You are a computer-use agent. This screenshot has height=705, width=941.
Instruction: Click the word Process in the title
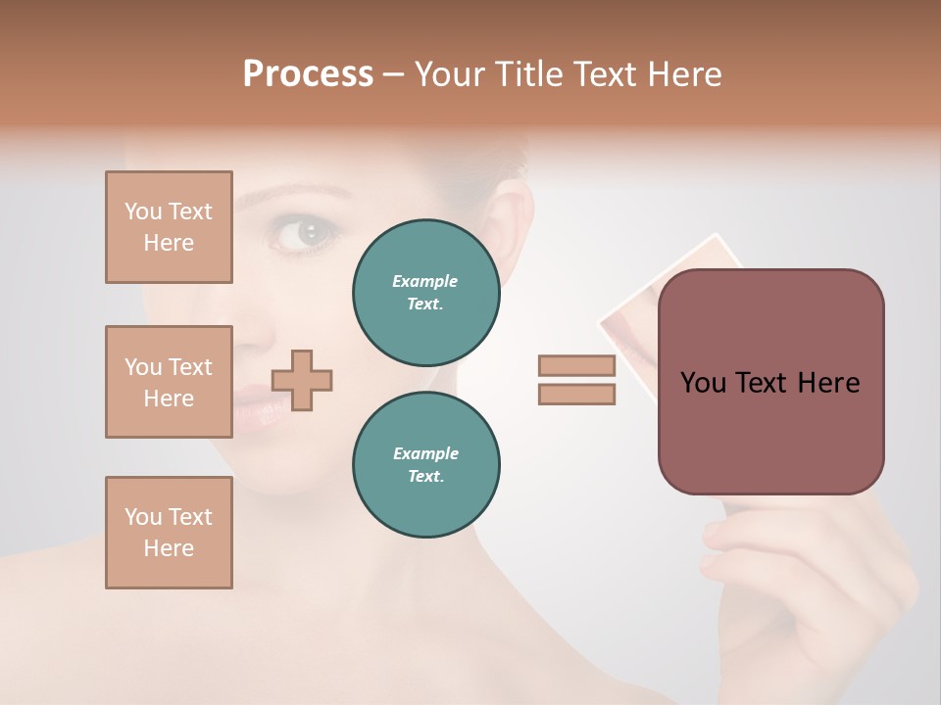[x=308, y=73]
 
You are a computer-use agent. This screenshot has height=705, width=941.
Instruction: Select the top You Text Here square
[x=169, y=227]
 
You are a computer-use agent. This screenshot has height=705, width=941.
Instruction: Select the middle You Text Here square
[x=169, y=382]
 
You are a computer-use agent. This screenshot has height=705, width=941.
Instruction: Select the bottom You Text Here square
[x=169, y=533]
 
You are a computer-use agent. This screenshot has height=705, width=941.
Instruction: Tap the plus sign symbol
[x=302, y=380]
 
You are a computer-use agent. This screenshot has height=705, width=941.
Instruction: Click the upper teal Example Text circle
[x=426, y=293]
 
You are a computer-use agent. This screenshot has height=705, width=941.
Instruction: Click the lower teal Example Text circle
[x=426, y=464]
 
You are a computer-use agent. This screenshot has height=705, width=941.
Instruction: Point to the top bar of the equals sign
[x=577, y=366]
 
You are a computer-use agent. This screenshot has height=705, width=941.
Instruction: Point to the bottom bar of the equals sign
[x=577, y=394]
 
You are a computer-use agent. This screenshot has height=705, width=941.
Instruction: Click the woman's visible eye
[x=308, y=233]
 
